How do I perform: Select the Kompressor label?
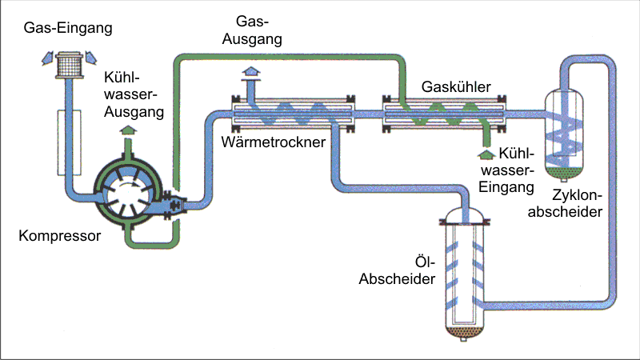coord(59,236)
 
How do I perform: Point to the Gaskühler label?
coord(455,86)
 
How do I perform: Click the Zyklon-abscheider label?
coord(576,203)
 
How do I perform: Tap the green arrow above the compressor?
coord(126,131)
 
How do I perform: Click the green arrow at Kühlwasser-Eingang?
coord(485,151)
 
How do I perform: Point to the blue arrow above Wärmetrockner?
coord(250,74)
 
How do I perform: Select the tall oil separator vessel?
coord(466,272)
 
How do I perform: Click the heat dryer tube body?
coord(292,114)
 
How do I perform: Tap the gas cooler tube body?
coord(444,114)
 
